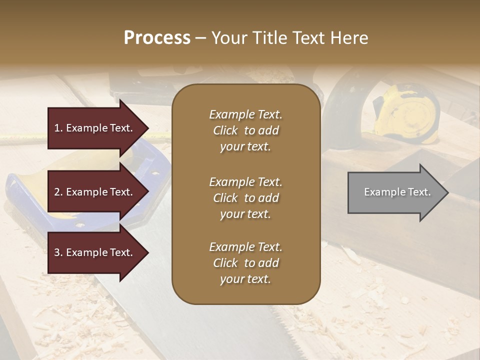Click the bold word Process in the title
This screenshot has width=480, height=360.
click(157, 38)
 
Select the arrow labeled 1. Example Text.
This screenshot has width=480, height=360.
click(95, 128)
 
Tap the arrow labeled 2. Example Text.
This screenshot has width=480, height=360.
click(95, 192)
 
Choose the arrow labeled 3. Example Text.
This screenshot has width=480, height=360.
click(95, 252)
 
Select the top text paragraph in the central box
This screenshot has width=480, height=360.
click(245, 130)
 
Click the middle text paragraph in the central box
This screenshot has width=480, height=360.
click(245, 197)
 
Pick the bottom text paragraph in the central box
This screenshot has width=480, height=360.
click(245, 263)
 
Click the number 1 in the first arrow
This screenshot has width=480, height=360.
click(57, 128)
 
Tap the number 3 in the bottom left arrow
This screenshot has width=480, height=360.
click(57, 252)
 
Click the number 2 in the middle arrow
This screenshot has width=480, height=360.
click(57, 192)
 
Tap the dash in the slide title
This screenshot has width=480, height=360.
click(200, 38)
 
